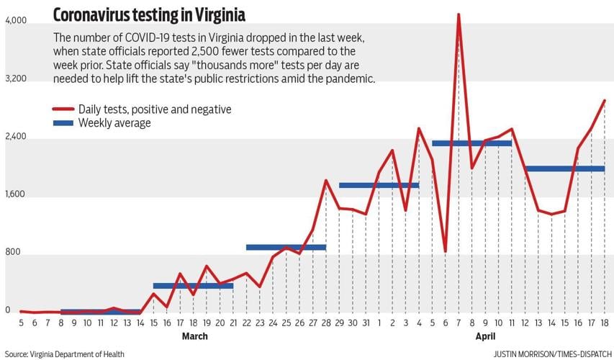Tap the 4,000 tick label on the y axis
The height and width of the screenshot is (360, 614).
(16, 22)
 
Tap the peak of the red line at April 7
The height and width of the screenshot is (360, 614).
(459, 14)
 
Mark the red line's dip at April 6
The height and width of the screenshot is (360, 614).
(446, 251)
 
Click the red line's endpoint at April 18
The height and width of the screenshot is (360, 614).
(605, 101)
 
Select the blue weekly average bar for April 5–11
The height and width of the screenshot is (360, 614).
(471, 143)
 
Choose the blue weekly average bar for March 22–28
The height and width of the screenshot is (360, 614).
(286, 247)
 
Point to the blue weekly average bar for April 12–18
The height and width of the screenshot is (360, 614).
(564, 168)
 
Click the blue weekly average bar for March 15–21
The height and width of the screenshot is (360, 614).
(193, 286)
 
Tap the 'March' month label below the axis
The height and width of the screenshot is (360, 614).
(194, 336)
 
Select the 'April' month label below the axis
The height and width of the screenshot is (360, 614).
(485, 336)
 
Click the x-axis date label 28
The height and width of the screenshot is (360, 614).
(326, 323)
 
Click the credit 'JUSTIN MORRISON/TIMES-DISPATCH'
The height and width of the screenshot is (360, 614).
(550, 354)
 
